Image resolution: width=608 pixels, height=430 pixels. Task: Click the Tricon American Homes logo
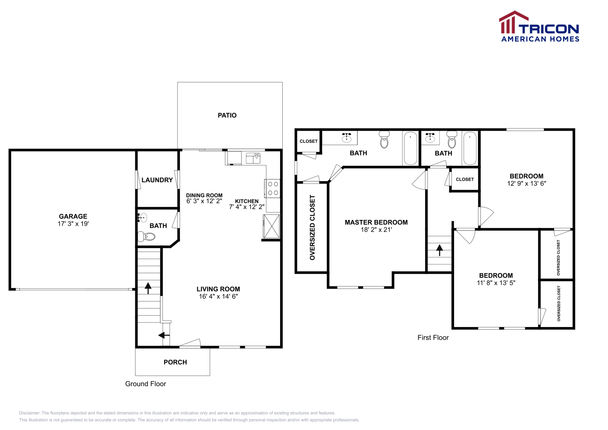point(539,26)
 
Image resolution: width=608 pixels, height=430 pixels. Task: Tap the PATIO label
point(227,115)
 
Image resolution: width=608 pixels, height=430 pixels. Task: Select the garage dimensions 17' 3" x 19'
point(73,224)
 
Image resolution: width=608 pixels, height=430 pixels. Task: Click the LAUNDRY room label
point(157,180)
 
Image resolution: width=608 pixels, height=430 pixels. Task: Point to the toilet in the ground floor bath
point(147,237)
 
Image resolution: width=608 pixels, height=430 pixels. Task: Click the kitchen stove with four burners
point(272,188)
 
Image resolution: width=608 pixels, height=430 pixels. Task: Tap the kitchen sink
point(253,158)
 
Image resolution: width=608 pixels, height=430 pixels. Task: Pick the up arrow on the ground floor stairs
point(148,288)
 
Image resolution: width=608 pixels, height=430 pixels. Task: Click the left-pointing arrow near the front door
point(164,335)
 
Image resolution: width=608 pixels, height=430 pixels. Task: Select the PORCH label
point(175,362)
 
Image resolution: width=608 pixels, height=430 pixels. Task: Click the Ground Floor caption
point(146,384)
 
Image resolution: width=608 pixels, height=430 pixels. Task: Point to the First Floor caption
point(433,337)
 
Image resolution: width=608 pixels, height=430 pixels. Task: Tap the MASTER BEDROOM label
point(376,223)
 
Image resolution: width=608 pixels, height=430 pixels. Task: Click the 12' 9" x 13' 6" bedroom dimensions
point(527,183)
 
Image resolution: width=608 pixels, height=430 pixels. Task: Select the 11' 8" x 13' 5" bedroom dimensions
point(496,283)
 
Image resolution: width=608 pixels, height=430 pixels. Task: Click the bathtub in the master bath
point(411,149)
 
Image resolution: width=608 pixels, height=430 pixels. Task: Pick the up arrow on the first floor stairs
point(440,250)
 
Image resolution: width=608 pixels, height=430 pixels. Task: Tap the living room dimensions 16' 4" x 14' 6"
point(218,296)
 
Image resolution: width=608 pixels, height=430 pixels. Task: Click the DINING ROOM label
point(204,195)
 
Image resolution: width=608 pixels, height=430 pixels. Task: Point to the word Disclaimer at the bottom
point(29,413)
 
